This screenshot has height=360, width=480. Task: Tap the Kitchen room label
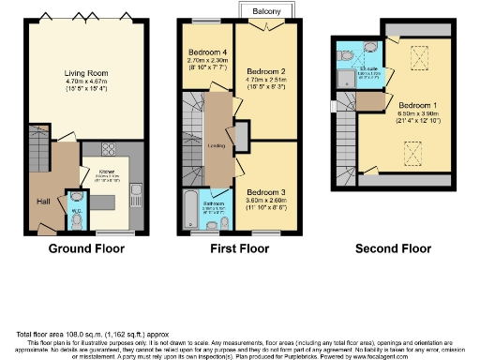tap(107, 172)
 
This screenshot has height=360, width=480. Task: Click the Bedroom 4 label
tap(207, 52)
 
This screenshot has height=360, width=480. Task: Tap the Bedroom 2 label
tap(266, 71)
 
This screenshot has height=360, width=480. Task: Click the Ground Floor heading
tap(87, 248)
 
